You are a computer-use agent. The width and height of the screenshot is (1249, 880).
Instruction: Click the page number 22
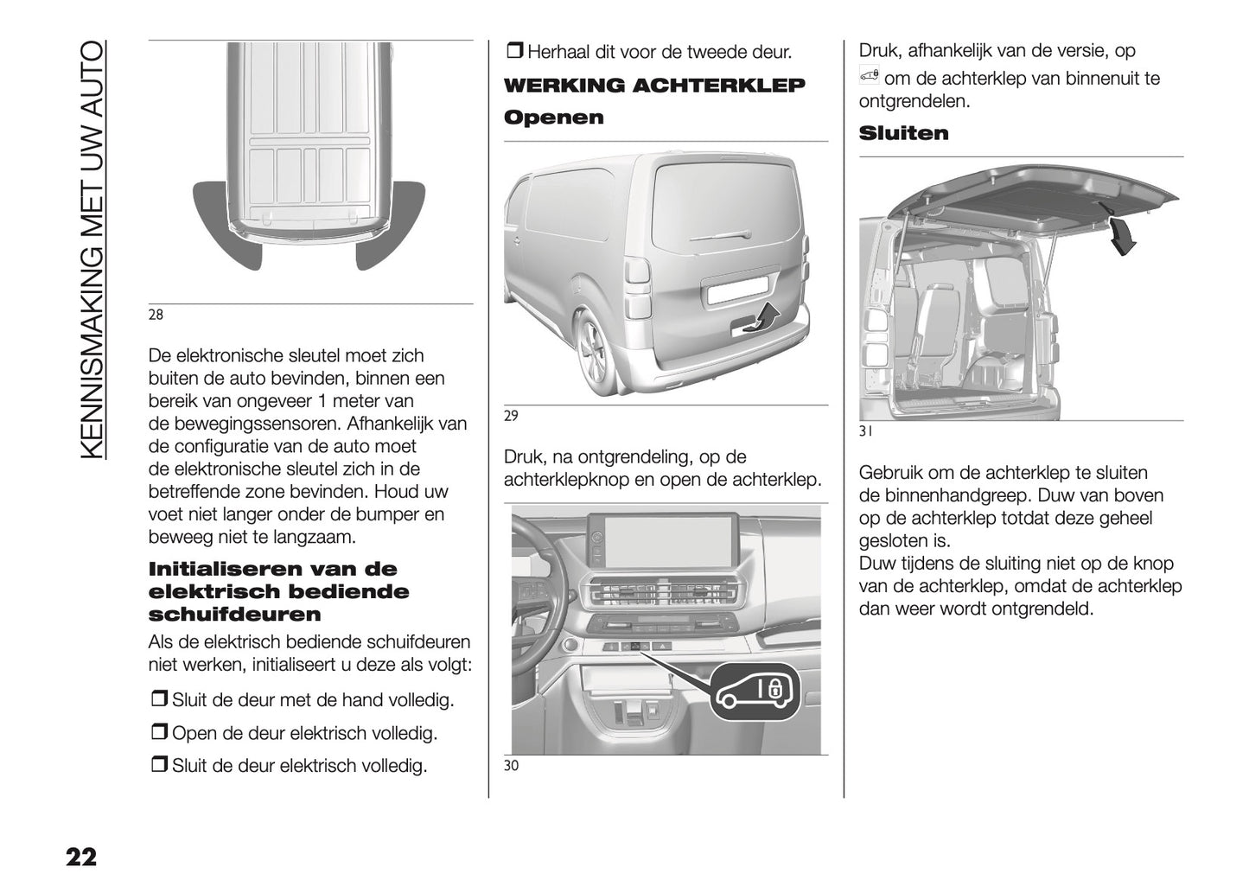80,857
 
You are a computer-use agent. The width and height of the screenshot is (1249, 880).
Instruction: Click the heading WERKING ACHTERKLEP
653,86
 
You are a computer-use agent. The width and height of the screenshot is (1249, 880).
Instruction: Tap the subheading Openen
553,118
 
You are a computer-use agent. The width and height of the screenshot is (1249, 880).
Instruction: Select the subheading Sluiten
903,133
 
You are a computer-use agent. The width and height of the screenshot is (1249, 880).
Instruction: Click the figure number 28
156,315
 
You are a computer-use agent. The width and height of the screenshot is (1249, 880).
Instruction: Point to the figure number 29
511,416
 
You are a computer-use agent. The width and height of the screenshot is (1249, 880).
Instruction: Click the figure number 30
511,766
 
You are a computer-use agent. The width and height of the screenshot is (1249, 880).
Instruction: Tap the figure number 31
866,430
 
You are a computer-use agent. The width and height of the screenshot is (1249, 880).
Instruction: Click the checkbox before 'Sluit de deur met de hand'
159,699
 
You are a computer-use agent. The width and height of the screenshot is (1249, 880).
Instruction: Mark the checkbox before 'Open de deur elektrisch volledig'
159,733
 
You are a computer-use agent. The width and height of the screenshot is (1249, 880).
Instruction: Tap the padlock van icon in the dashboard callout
755,690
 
